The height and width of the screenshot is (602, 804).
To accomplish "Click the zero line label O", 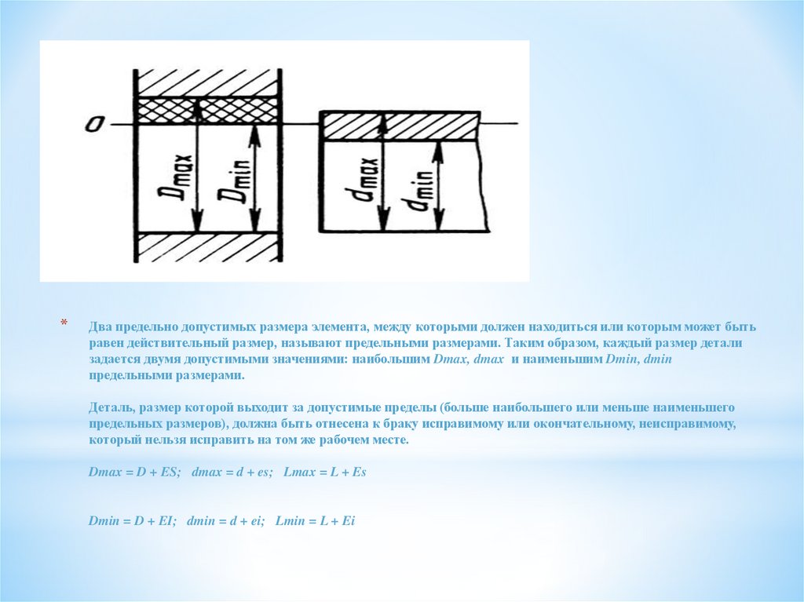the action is tap(95, 124).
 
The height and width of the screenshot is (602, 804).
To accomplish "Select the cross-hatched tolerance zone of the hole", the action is tap(207, 110).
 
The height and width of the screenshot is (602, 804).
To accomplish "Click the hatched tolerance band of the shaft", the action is tap(400, 126).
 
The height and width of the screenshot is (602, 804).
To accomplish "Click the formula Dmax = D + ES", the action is tap(135, 472).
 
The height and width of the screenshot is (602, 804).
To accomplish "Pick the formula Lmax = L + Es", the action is tap(325, 472).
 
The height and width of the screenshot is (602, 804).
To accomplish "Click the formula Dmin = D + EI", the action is tap(133, 521).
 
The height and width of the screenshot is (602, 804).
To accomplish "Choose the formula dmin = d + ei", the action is tap(226, 521).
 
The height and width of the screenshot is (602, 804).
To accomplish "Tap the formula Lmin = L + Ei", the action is tap(316, 521).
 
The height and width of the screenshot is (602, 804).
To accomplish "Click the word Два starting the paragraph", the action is tap(100, 327).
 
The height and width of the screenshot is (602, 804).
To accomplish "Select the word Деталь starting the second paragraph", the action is tap(108, 408).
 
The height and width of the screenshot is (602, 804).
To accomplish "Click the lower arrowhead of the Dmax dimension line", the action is tap(196, 224).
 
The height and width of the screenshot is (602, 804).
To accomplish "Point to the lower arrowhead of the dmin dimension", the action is tap(438, 221).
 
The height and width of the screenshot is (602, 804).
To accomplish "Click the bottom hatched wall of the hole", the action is tap(207, 247).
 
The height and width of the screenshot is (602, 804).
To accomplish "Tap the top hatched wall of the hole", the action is tap(207, 82).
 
